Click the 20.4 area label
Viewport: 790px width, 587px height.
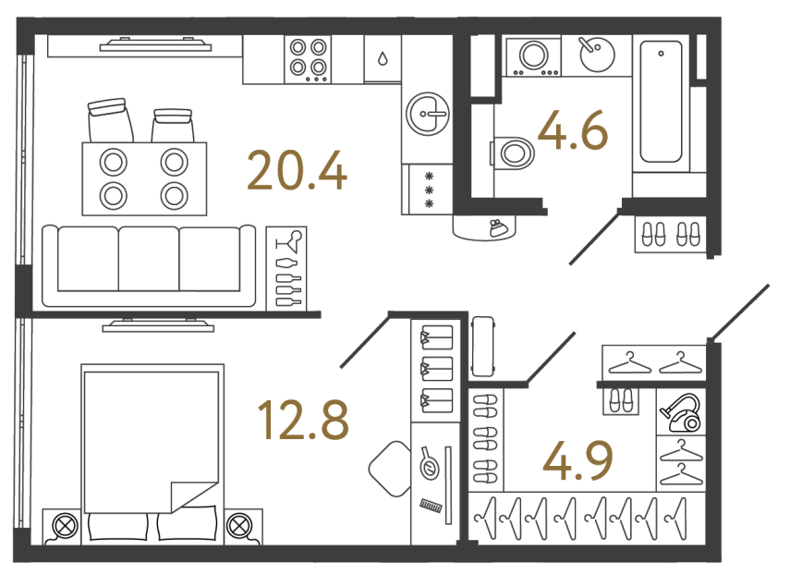(x=297, y=171)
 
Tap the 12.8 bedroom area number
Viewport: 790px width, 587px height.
(x=303, y=419)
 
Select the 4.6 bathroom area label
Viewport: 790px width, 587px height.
(x=573, y=130)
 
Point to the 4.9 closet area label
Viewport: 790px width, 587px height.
(x=577, y=460)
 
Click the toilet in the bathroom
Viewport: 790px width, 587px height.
(x=513, y=153)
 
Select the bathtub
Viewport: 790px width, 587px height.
(x=661, y=102)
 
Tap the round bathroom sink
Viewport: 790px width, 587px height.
(x=597, y=54)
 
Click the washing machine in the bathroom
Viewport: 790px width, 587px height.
(x=533, y=55)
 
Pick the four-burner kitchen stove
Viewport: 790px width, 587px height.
(x=308, y=58)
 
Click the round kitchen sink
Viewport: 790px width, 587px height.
(x=428, y=114)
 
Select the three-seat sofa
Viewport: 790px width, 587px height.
(x=149, y=265)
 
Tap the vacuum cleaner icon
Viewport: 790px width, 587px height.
(x=681, y=413)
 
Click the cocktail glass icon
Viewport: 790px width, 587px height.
(x=291, y=241)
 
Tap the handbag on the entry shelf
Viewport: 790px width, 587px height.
(x=499, y=227)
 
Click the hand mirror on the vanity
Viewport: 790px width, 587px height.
(x=430, y=463)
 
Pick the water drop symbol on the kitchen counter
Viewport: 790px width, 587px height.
(x=383, y=59)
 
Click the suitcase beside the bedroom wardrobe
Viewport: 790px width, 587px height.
(x=482, y=346)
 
